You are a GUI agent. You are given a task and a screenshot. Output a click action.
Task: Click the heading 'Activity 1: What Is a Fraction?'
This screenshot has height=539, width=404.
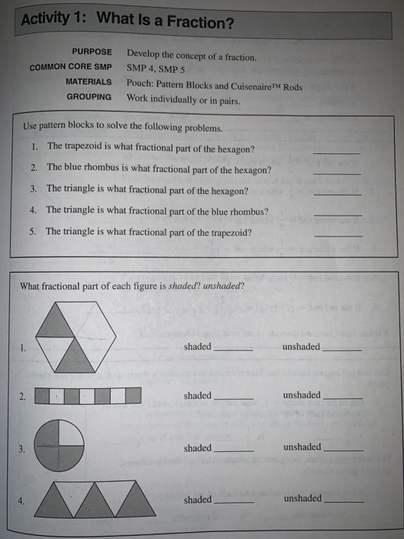tap(127, 22)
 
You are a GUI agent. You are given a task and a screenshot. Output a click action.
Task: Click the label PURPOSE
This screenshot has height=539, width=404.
tap(92, 52)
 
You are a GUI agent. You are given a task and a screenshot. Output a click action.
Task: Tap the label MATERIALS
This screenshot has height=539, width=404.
tap(88, 82)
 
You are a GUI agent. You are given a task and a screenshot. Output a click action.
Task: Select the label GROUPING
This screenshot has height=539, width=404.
tap(88, 97)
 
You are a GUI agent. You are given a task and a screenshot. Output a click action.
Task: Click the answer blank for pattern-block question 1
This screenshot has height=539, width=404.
tap(336, 152)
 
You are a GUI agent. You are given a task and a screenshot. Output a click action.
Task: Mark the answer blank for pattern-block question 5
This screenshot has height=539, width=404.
tap(338, 234)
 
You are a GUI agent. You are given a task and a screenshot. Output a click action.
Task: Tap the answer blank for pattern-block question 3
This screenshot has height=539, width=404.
tap(337, 193)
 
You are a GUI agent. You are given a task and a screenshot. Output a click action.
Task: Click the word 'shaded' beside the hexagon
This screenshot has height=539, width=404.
tap(197, 347)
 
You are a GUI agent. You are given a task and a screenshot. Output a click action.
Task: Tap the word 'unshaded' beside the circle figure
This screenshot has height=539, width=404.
tap(302, 447)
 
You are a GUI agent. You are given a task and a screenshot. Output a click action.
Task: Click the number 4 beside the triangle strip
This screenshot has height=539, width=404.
tap(23, 500)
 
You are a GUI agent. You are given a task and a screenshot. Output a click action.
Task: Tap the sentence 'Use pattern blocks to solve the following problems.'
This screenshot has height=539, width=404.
tap(124, 128)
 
